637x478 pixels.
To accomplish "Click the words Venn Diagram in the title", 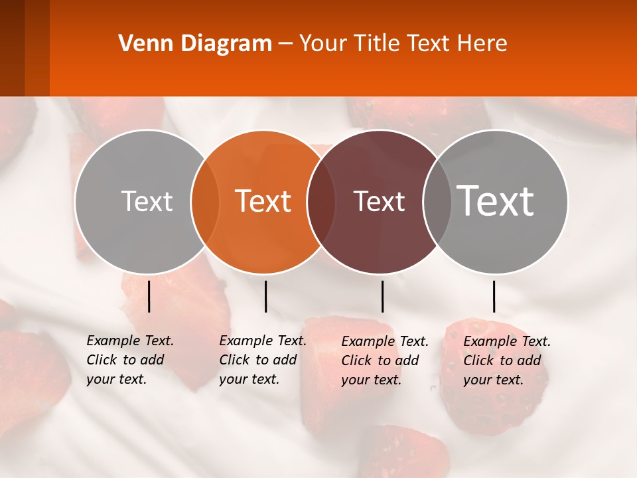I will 195,44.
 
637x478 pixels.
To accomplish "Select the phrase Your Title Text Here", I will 403,44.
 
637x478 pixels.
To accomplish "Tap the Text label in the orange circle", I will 263,201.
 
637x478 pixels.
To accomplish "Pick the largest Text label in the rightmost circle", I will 496,200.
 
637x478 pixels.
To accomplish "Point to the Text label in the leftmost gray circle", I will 147,201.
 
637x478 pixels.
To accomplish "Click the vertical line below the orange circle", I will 265,296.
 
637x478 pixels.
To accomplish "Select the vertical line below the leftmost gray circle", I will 149,296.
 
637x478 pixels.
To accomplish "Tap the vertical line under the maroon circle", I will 382,296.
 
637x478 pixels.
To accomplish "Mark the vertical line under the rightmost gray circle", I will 494,296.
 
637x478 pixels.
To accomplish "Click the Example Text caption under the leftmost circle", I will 130,360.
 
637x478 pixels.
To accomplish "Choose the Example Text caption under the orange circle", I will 263,360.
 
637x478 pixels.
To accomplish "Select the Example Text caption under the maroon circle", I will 385,360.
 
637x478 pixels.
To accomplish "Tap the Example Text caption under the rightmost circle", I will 507,360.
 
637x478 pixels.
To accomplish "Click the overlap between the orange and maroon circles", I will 319,202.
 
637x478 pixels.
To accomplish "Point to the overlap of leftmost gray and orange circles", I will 205,202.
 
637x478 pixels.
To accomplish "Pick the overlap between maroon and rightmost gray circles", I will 437,202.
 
